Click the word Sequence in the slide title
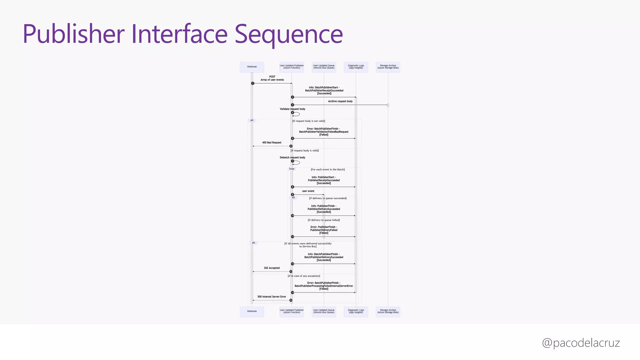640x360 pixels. (289, 34)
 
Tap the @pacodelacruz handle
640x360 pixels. (581, 343)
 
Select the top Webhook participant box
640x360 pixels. (252, 67)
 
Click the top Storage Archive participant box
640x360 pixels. (388, 67)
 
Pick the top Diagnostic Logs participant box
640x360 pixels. (356, 67)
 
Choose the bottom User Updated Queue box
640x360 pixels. (324, 312)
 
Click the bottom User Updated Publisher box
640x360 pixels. (292, 312)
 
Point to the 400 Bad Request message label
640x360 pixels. (272, 142)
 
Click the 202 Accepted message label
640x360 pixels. (272, 268)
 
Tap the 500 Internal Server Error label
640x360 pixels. (272, 297)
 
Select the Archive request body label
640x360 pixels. (340, 101)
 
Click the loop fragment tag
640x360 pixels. (292, 169)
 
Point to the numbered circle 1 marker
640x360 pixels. (252, 83)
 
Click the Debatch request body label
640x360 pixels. (292, 157)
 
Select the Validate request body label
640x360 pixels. (292, 109)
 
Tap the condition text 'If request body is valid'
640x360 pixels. (305, 151)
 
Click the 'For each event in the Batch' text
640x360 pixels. (327, 170)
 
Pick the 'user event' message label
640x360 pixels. (308, 191)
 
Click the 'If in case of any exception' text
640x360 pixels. (304, 276)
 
